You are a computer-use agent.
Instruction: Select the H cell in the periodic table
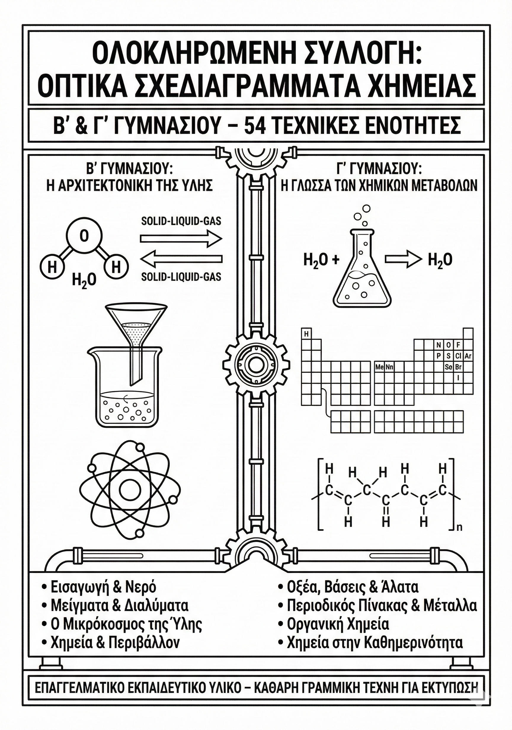pos(307,334)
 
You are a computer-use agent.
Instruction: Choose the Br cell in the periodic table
pos(458,367)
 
